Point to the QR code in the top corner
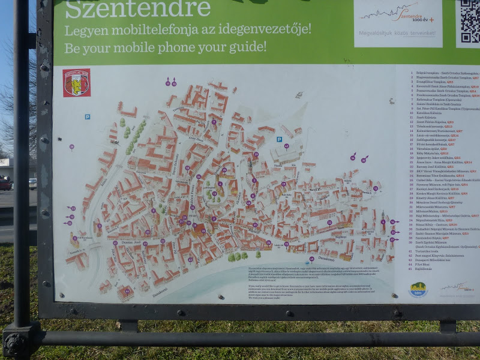469,22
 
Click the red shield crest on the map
77,83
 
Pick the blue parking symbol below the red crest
87,116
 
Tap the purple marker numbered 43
286,146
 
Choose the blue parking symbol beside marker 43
279,139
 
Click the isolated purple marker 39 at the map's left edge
71,147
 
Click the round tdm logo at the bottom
418,289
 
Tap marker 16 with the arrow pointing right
393,222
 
